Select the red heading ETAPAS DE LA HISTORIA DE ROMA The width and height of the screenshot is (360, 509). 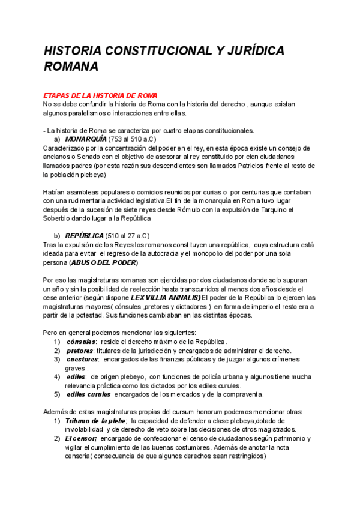coord(100,95)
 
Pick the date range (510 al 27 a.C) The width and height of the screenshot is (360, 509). coord(128,236)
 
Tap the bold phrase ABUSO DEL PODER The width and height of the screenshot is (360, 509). coord(103,263)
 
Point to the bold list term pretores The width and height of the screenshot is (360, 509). coord(80,351)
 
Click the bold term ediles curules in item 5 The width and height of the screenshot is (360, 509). coord(89,394)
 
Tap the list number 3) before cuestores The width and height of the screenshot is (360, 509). coord(56,359)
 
